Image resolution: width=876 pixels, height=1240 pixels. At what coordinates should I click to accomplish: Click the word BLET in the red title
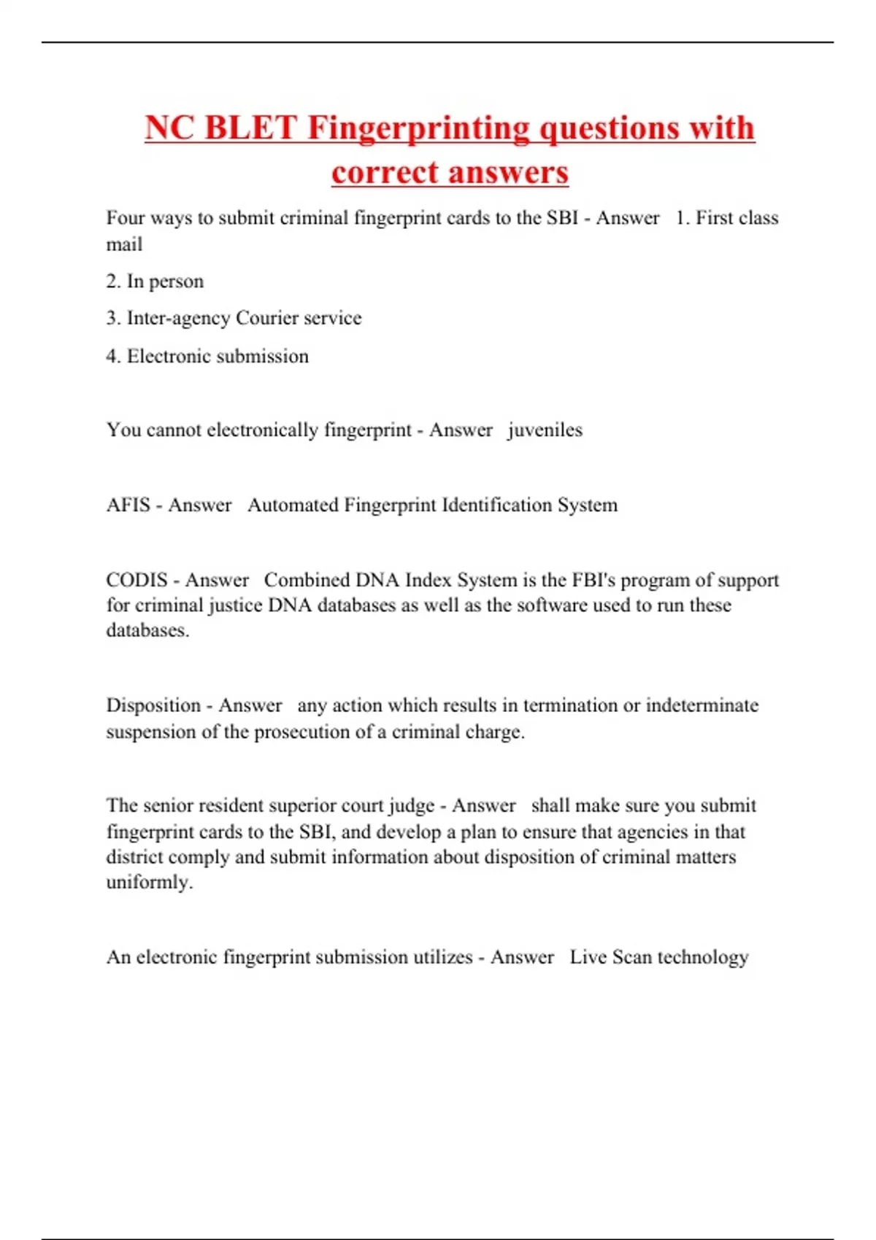(x=250, y=128)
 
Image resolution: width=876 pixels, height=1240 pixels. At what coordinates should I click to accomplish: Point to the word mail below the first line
(x=124, y=244)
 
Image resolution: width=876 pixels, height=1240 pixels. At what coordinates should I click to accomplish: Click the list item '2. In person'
(x=155, y=282)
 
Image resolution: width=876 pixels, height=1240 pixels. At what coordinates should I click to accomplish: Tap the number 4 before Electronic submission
(x=112, y=356)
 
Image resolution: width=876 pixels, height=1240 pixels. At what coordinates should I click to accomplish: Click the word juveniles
(x=545, y=430)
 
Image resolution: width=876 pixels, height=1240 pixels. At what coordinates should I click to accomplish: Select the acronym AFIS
(x=128, y=505)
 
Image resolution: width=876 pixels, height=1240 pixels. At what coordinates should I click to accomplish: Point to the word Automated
(x=293, y=505)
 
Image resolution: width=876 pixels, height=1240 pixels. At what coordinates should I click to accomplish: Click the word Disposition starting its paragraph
(x=153, y=705)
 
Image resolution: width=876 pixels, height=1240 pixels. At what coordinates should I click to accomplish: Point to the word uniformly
(x=149, y=883)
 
